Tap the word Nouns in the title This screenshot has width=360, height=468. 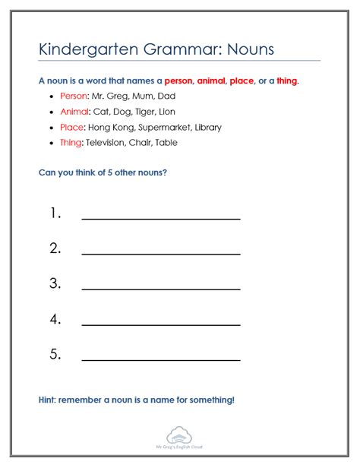[247, 49]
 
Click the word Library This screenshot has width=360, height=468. [206, 127]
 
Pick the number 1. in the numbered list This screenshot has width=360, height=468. [55, 213]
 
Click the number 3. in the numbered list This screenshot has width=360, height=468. [55, 283]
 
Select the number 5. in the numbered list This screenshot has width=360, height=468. [55, 354]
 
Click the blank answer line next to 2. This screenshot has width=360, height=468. [161, 254]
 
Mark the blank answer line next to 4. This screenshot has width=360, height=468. [161, 324]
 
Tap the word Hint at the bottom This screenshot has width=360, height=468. [47, 400]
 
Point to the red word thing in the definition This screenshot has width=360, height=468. [286, 80]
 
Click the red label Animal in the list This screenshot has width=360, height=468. [74, 112]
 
